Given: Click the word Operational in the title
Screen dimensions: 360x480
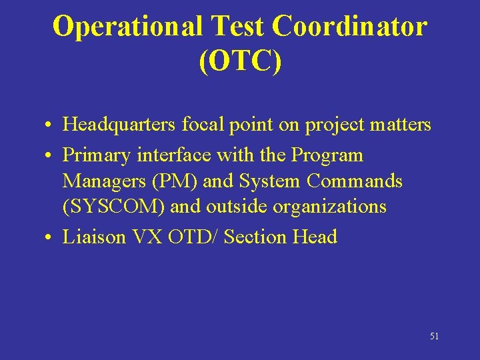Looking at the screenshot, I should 127,27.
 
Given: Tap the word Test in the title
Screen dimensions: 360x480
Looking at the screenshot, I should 237,27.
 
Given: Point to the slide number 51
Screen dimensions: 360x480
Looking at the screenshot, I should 434,337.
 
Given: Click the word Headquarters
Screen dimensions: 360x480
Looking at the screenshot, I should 119,125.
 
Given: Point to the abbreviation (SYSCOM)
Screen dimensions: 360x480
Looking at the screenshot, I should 114,207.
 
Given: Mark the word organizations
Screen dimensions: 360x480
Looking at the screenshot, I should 330,207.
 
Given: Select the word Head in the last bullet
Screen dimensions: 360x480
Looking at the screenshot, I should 315,237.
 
